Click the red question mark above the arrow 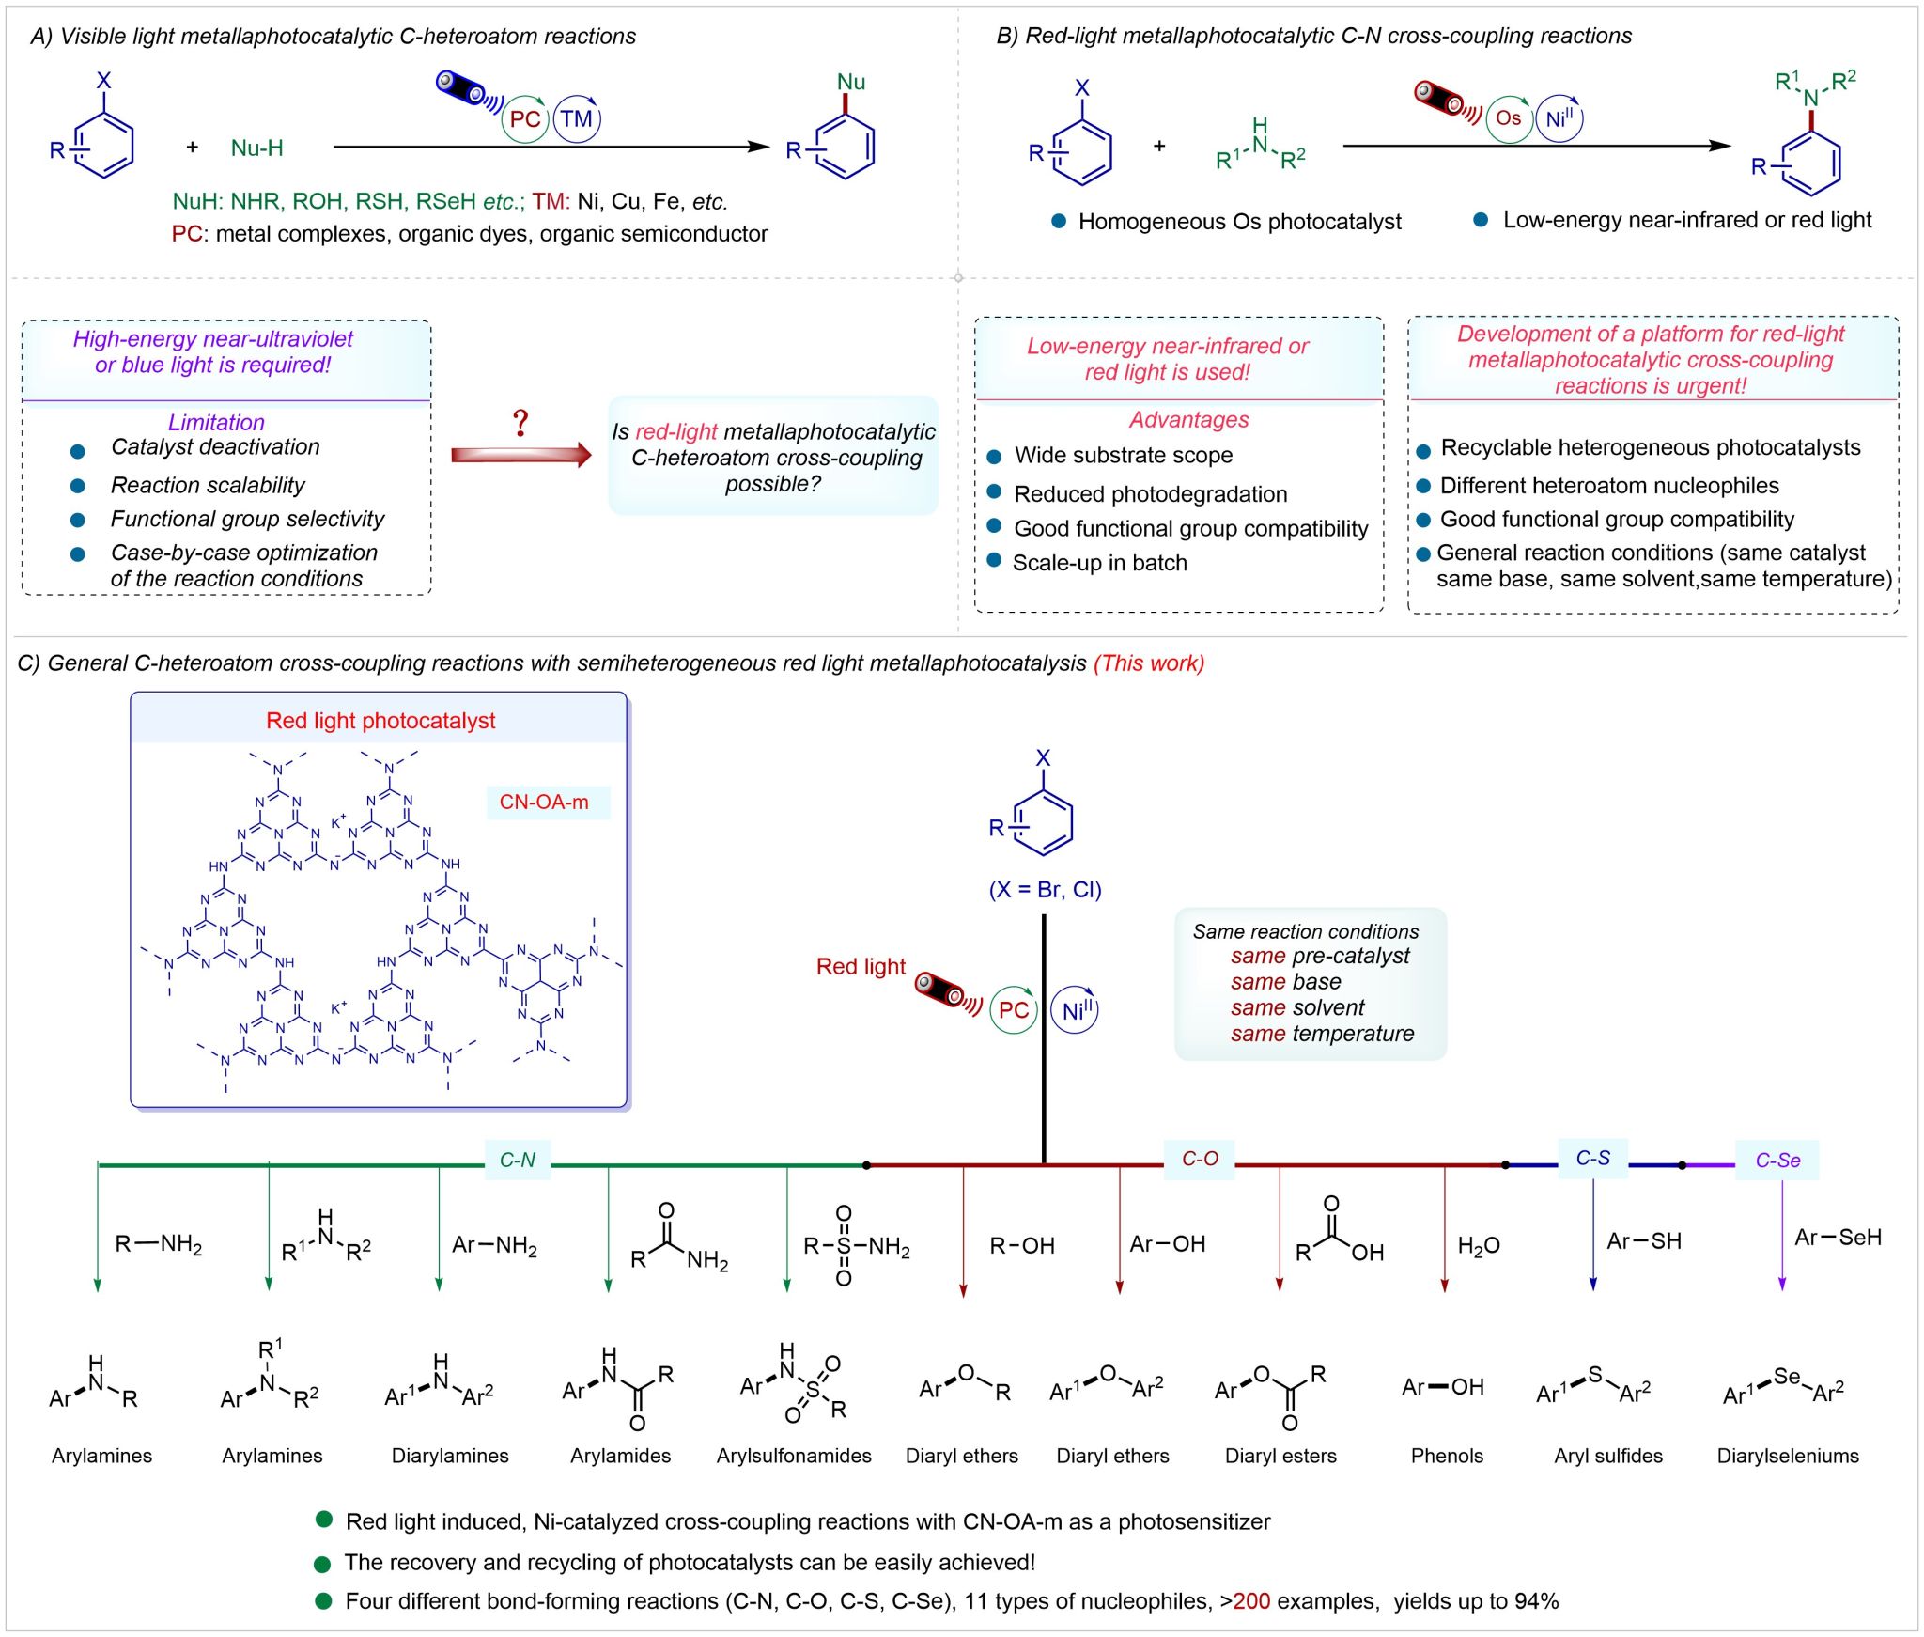[520, 424]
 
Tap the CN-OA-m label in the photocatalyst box [544, 803]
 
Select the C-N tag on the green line [517, 1160]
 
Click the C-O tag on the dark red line [1200, 1159]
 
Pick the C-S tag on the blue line [1592, 1158]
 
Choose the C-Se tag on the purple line [1777, 1161]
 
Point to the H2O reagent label [1479, 1246]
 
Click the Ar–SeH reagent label [1838, 1238]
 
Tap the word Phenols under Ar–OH [1447, 1456]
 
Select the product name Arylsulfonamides [794, 1456]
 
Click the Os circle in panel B [1509, 118]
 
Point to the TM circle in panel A [577, 119]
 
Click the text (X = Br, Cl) [1045, 890]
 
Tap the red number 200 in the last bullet [1251, 1601]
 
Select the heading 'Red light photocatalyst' [380, 721]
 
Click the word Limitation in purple [216, 422]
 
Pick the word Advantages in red [1188, 420]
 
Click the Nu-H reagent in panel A [256, 148]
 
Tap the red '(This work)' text [1148, 663]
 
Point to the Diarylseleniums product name [1788, 1456]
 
